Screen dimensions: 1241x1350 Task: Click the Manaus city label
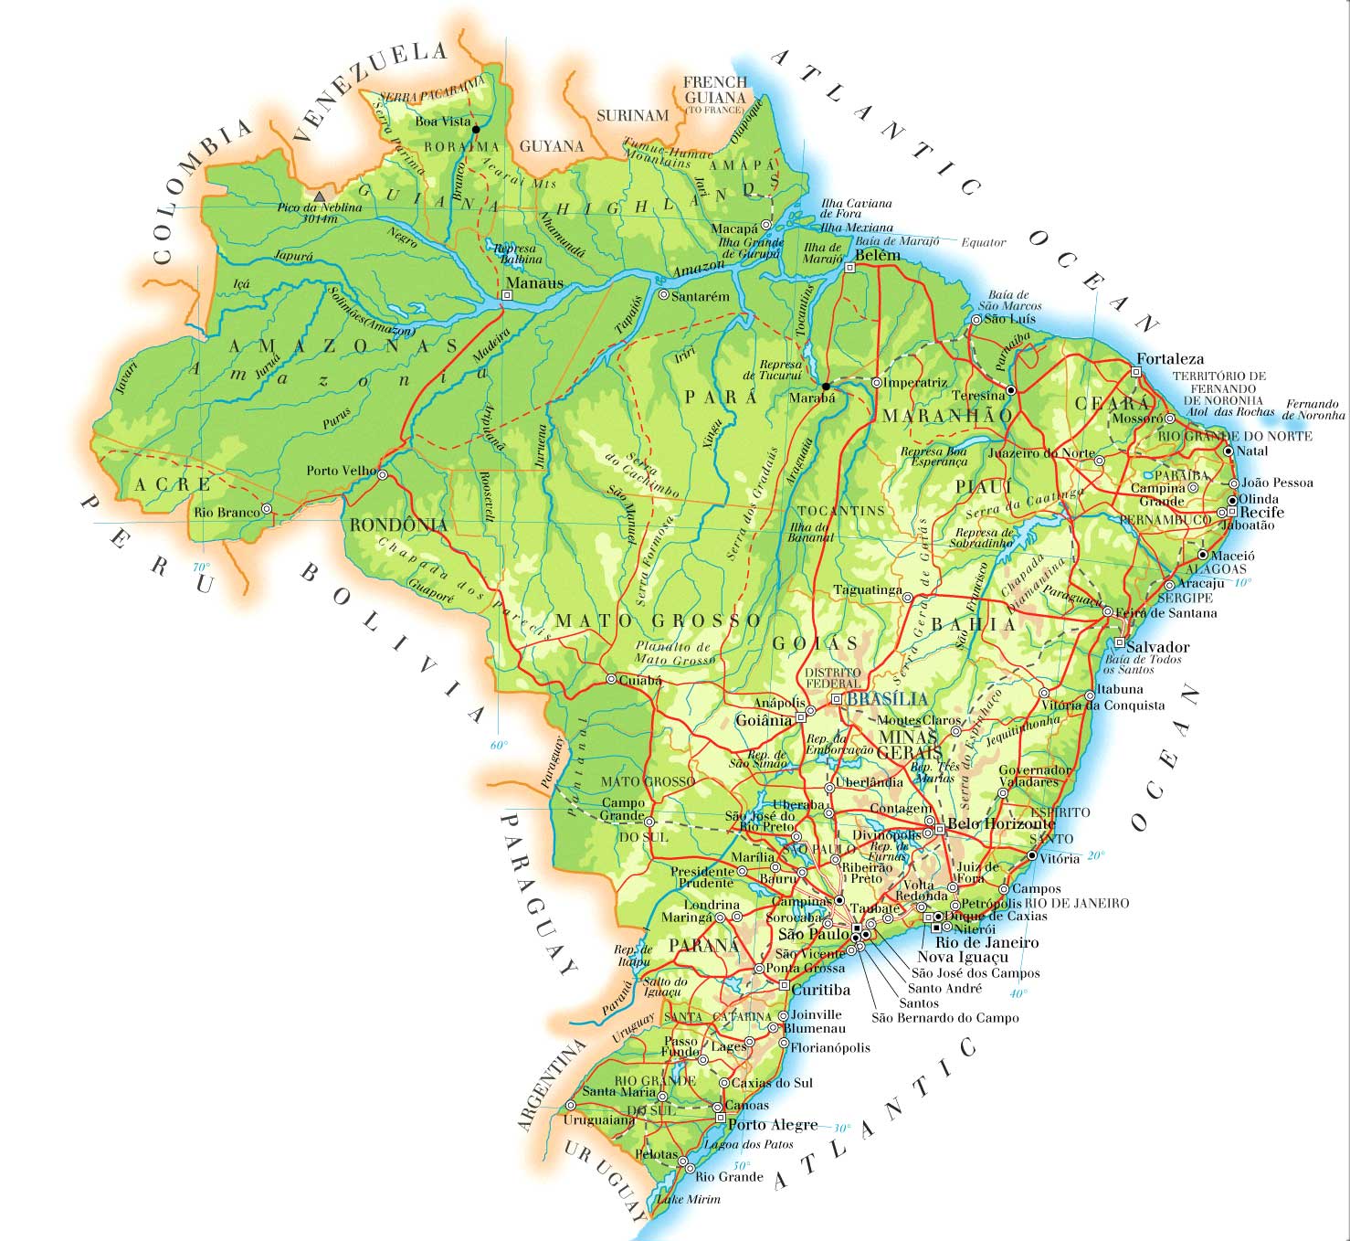click(534, 283)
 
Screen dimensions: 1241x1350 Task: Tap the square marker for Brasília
click(836, 699)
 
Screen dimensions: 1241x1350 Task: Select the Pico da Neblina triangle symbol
click(319, 196)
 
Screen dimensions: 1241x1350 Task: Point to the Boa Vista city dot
click(476, 130)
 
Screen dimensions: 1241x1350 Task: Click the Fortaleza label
click(1170, 359)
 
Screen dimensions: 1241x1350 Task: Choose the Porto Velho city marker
click(383, 475)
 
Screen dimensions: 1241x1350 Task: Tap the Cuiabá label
click(639, 681)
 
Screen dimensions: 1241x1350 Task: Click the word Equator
click(983, 243)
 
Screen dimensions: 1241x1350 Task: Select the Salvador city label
click(1157, 647)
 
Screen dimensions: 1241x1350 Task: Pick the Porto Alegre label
click(772, 1125)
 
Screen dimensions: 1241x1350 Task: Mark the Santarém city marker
click(664, 295)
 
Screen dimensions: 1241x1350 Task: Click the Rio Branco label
click(227, 513)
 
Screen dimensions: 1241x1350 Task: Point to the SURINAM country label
click(632, 116)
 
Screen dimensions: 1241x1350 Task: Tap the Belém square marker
click(849, 268)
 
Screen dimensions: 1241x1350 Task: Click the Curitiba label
click(820, 990)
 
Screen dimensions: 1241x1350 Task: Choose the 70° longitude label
click(201, 567)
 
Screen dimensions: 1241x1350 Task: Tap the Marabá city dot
click(826, 386)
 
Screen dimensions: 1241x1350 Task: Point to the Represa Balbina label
click(517, 253)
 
